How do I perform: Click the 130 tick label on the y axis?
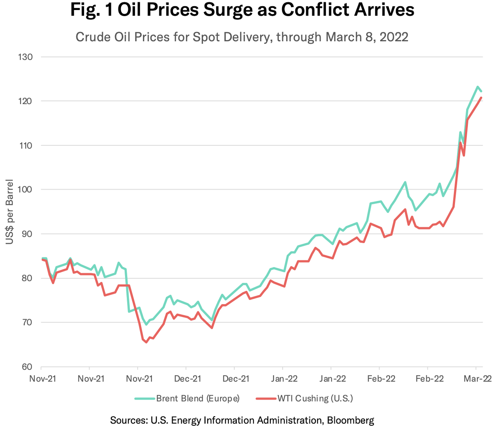pos(25,57)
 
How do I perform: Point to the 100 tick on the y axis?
pos(25,189)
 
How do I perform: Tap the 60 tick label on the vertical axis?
pos(27,367)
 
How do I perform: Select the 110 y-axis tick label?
pos(25,146)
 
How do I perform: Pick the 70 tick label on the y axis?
pos(27,322)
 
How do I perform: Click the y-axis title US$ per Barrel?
pos(9,211)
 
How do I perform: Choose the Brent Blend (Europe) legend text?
pos(198,398)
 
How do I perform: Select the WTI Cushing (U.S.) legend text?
pos(315,398)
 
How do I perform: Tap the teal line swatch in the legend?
pos(145,398)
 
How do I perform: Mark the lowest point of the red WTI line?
pos(146,342)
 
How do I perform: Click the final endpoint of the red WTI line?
pos(481,98)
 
